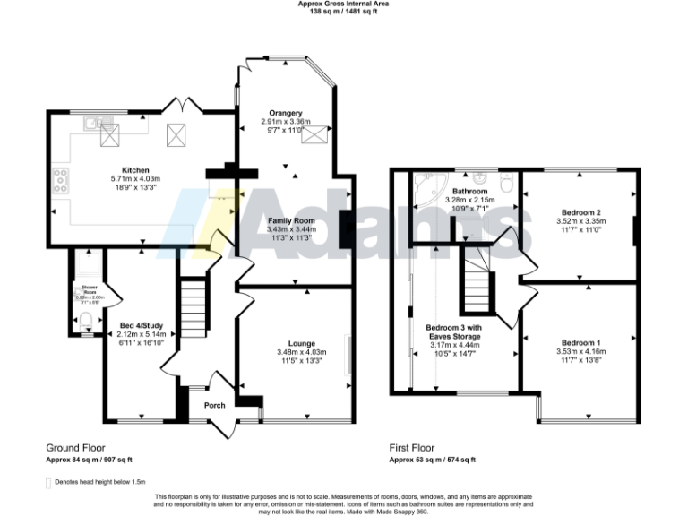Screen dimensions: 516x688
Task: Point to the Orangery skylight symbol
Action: (x=314, y=134)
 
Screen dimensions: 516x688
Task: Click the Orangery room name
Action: (x=288, y=112)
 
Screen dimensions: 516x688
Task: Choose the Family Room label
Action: (x=290, y=220)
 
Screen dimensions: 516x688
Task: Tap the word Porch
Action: (x=215, y=405)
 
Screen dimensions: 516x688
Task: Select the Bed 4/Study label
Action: (x=136, y=326)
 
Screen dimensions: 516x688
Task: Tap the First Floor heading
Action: (x=411, y=447)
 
